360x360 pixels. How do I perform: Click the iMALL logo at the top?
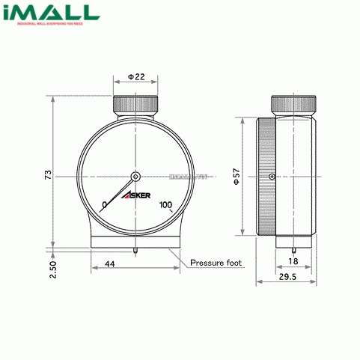coord(50,14)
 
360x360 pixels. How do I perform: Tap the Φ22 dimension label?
coord(135,78)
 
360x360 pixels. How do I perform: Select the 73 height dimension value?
coord(47,174)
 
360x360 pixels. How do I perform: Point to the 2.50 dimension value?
coord(47,267)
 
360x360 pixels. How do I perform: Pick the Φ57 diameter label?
coord(234,177)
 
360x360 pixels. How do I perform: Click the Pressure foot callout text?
coord(215,263)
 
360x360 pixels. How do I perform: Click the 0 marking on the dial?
coord(104,204)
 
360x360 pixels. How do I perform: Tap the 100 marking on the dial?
coord(165,205)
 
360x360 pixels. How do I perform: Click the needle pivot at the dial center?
coord(135,177)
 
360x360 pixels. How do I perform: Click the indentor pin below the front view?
coord(135,251)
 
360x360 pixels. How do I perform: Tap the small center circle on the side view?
coord(271,177)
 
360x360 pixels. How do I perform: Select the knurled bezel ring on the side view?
coord(263,177)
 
